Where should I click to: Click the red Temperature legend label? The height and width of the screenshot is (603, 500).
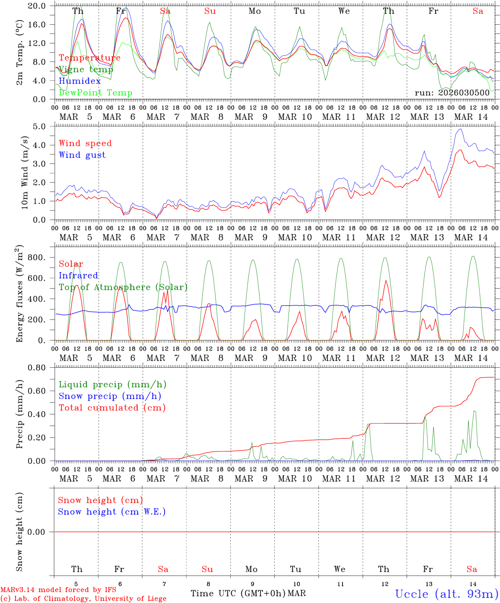click(90, 58)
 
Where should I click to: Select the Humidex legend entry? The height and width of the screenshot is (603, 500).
click(80, 81)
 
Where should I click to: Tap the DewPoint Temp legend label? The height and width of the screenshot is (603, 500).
click(95, 93)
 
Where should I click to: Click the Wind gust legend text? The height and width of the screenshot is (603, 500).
click(82, 155)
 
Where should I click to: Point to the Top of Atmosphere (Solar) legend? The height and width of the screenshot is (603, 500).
click(123, 287)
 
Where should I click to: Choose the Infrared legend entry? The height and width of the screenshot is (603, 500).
click(78, 276)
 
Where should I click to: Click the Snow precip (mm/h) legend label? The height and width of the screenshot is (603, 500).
click(110, 396)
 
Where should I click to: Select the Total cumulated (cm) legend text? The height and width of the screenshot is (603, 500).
click(112, 408)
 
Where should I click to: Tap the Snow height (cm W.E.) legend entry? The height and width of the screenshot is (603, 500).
click(112, 512)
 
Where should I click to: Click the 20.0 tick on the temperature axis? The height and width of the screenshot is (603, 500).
click(38, 6)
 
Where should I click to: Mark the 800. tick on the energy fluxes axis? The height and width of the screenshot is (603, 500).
click(36, 258)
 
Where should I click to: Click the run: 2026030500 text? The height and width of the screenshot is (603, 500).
click(452, 93)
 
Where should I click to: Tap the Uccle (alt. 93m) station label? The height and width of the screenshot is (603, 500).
click(446, 594)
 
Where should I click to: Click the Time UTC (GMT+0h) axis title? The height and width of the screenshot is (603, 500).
click(238, 593)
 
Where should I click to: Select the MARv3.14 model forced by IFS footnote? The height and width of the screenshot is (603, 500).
click(58, 590)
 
